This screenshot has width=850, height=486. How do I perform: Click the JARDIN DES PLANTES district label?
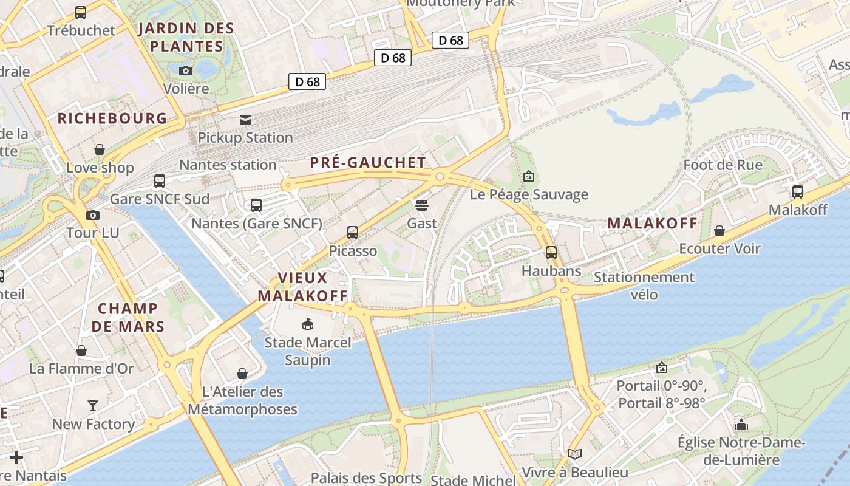pos(186,37)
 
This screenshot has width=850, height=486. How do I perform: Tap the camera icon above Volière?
pos(186,70)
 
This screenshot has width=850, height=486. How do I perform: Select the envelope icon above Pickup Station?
pos(245,120)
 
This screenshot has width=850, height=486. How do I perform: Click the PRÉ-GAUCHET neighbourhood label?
pos(368,162)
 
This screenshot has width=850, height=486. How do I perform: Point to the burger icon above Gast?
pos(422,205)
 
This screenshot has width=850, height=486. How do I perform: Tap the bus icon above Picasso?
pos(353,232)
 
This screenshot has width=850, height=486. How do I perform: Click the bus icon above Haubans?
pos(551,252)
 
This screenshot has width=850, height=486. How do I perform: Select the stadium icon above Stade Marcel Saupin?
pos(308,324)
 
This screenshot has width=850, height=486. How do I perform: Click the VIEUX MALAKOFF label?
pos(302,287)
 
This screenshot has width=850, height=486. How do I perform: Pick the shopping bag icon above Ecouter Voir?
pos(719,230)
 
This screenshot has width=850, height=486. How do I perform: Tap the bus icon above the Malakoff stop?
pos(798,192)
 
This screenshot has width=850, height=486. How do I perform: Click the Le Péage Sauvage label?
pos(529,194)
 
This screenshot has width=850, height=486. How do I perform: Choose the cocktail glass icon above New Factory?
pos(93,405)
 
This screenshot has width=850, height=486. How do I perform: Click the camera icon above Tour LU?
pos(93,215)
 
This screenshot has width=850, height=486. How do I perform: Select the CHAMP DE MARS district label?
pos(128,317)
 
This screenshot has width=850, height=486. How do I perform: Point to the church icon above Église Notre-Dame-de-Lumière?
pos(741,425)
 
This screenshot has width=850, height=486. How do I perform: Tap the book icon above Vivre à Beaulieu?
pos(575,454)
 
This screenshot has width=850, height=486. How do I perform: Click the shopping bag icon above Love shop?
pos(100,149)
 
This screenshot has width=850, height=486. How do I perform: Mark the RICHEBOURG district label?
pos(112,118)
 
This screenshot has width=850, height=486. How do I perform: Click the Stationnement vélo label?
pos(644,286)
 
